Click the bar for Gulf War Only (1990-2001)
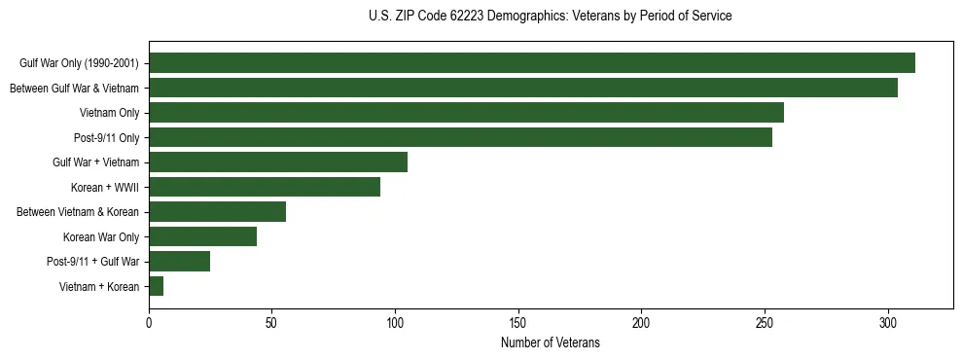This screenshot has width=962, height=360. pos(532,63)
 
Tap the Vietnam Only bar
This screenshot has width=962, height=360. pos(466,112)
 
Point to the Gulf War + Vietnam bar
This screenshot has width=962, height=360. pos(278,162)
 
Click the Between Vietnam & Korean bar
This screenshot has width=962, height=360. pos(218,211)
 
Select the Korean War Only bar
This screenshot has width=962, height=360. pos(202,236)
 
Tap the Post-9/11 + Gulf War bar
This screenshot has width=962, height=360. pos(179,261)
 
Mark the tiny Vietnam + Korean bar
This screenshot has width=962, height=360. pos(156,286)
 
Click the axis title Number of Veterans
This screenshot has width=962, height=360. pos(551,343)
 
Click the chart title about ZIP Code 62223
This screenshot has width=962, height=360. pos(551,17)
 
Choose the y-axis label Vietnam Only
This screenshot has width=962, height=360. pos(109,113)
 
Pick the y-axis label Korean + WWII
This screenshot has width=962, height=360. pos(105,187)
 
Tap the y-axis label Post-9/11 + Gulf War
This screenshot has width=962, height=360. pos(92,262)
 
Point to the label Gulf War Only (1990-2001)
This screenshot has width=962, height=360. pos(79,63)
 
